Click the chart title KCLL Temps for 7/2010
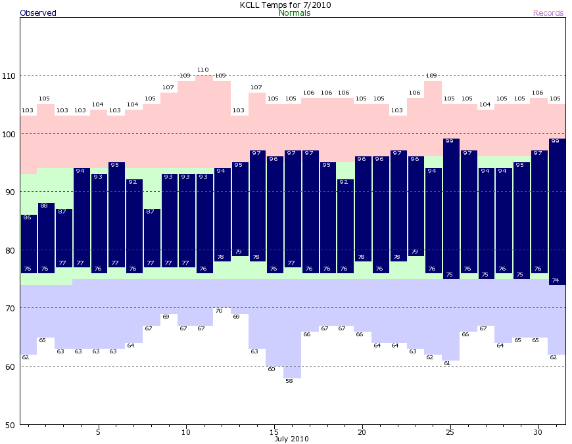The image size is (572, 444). pyautogui.click(x=285, y=5)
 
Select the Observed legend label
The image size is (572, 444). pyautogui.click(x=38, y=13)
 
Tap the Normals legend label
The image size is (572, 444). pyautogui.click(x=295, y=13)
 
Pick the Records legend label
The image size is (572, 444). pyautogui.click(x=548, y=13)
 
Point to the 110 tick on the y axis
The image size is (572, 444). pyautogui.click(x=9, y=76)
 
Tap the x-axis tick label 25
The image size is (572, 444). pyautogui.click(x=450, y=432)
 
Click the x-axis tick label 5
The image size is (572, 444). pyautogui.click(x=98, y=432)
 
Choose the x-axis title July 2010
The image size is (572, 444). pyautogui.click(x=291, y=439)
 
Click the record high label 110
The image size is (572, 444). pyautogui.click(x=203, y=70)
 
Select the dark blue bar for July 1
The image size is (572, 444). pyautogui.click(x=29, y=244)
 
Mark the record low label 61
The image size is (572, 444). pyautogui.click(x=447, y=363)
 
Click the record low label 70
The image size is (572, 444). pyautogui.click(x=219, y=311)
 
